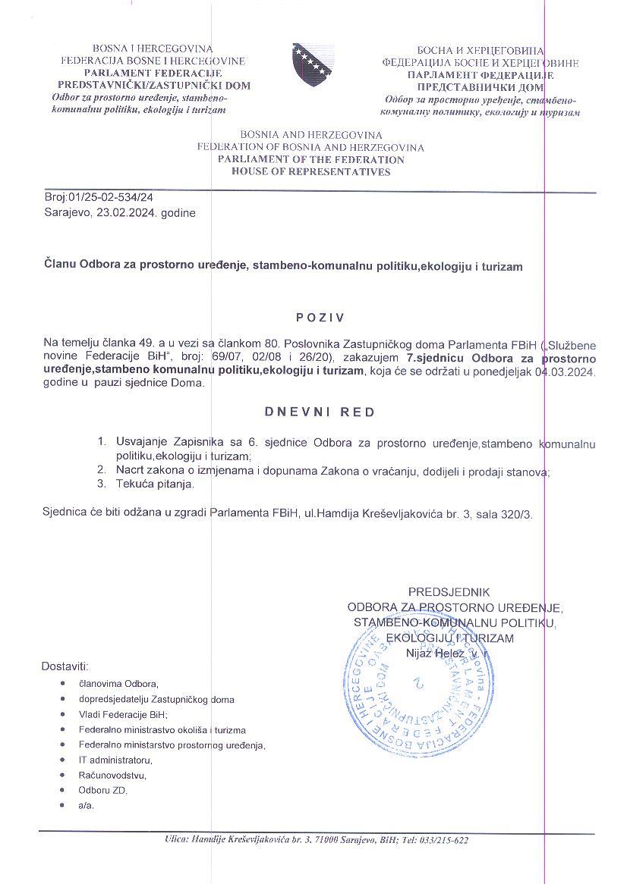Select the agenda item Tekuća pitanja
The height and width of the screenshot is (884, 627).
click(156, 484)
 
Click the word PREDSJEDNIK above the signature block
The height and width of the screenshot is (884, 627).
click(449, 591)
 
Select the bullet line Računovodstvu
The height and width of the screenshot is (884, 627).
click(112, 775)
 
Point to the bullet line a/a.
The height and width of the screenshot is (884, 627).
click(86, 805)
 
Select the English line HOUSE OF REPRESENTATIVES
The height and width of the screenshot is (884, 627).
click(311, 172)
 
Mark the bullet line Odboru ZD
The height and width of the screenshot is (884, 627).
click(103, 790)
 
